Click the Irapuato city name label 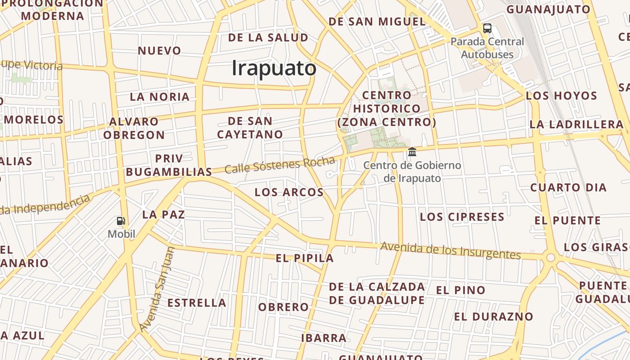coord(274,68)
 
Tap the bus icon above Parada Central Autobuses coord(487,28)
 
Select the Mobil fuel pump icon coord(121,220)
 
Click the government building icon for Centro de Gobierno coord(412,152)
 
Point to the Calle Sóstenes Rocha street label coord(279,165)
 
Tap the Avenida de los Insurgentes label coord(450,250)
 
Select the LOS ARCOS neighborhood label coord(289,193)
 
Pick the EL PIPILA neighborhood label coord(305,258)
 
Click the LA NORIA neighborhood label coord(160,97)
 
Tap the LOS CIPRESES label coord(462,217)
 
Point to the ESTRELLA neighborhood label coord(197,303)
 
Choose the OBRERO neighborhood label coord(283,307)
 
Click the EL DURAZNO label coord(493,317)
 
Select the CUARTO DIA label coord(568,188)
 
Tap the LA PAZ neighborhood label coord(163,215)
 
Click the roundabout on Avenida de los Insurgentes coord(550,257)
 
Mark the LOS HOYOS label coord(561,96)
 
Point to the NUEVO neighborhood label coord(159,51)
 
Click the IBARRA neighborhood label coord(324,338)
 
